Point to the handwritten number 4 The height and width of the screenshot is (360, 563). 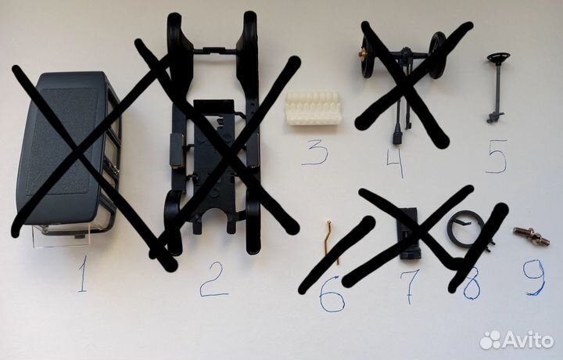click(396, 163)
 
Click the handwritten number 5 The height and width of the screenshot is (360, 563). click(497, 157)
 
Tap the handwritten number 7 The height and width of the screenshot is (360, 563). click(410, 286)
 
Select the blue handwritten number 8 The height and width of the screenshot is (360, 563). click(472, 285)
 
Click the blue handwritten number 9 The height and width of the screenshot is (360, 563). click(534, 277)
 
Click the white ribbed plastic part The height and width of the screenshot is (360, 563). click(314, 108)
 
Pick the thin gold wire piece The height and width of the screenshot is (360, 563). click(332, 242)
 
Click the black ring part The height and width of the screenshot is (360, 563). click(464, 229)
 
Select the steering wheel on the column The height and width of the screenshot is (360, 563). click(499, 57)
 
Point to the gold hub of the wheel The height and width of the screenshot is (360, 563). click(363, 54)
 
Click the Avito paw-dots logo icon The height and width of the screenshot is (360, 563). click(491, 340)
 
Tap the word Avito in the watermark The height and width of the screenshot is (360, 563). click(529, 339)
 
